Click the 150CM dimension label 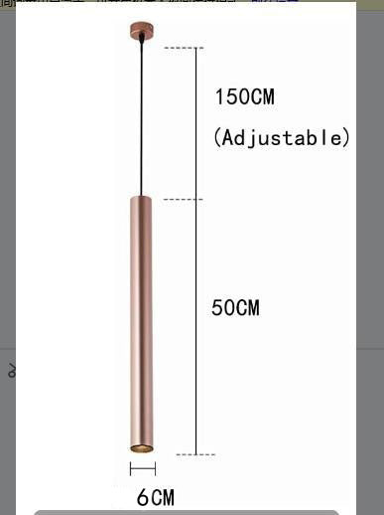244,97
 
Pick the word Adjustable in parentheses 283,137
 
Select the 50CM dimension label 235,308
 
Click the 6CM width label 156,497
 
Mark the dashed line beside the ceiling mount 181,48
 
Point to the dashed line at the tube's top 182,200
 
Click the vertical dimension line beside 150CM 196,124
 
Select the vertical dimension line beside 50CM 196,328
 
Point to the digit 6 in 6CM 142,497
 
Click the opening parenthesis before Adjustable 218,137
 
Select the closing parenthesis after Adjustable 346,137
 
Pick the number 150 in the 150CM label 232,97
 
